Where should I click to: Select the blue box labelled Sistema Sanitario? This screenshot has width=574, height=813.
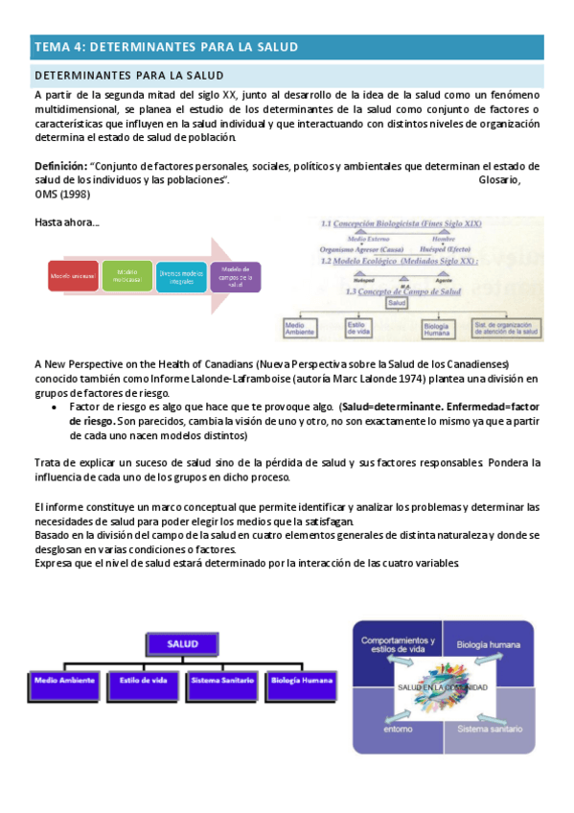point(223,680)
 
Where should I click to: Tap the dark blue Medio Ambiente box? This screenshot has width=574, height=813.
point(64,680)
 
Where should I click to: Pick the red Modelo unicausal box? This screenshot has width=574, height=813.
point(73,277)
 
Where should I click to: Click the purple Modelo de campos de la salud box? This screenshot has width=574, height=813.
point(235,277)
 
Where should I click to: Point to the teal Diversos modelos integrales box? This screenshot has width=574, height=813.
point(181,277)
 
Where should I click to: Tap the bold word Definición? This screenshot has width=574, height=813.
point(60,166)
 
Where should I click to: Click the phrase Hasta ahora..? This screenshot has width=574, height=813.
point(66,223)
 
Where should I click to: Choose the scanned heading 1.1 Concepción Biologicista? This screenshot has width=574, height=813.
point(402,223)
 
